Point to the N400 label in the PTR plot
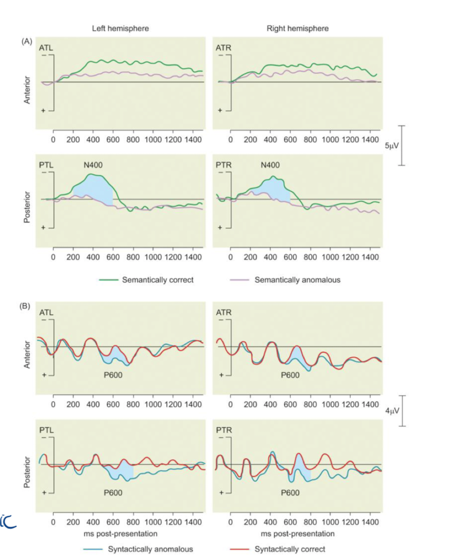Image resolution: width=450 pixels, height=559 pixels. pyautogui.click(x=270, y=165)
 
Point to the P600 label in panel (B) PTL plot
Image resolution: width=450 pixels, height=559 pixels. pyautogui.click(x=114, y=493)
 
